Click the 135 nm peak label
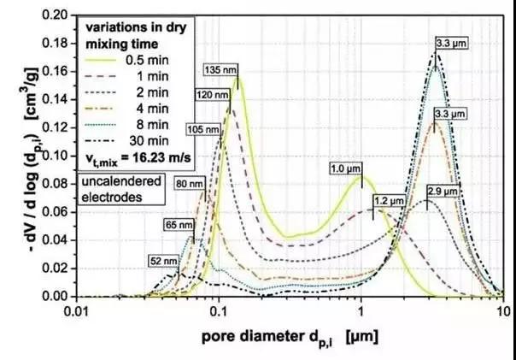coord(220,69)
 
